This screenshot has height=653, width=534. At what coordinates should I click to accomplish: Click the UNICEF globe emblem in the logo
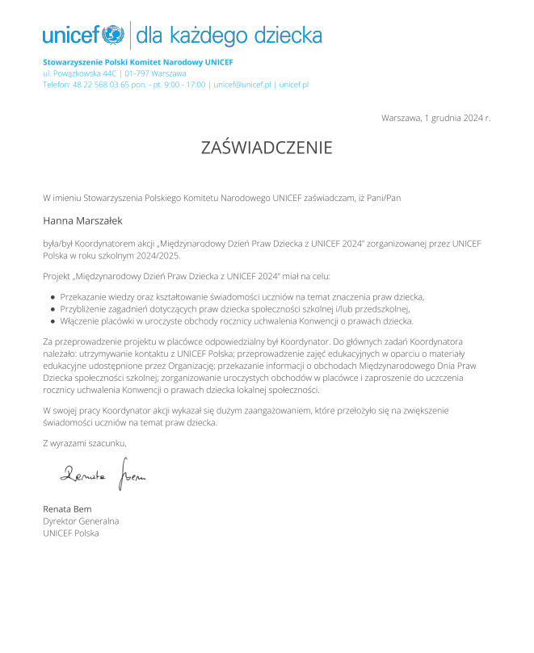113,35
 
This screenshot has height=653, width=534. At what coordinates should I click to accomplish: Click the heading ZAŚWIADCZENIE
267,148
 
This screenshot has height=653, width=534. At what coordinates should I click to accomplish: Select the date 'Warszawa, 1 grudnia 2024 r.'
435,118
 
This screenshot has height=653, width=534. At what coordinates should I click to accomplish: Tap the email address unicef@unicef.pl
242,85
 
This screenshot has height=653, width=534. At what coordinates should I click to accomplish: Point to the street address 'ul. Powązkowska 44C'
81,73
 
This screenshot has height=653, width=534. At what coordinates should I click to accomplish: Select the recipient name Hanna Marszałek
82,220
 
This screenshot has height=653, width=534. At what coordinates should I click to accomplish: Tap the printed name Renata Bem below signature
67,509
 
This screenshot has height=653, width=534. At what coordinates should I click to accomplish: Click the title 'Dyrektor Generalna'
81,521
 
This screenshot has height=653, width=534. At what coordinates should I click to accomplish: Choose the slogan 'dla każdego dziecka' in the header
229,36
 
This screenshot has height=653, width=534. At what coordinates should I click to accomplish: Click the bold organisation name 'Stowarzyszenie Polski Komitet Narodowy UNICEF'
138,62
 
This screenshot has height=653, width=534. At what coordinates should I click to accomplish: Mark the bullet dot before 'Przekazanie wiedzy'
53,297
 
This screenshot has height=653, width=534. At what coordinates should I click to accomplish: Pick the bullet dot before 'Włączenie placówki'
53,320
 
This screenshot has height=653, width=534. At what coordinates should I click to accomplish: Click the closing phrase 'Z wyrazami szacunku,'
85,442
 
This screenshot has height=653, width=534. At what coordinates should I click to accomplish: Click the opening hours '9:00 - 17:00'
183,85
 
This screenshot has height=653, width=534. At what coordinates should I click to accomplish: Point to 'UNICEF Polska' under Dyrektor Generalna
71,533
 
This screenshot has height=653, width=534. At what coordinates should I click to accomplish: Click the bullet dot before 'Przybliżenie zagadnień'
53,309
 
